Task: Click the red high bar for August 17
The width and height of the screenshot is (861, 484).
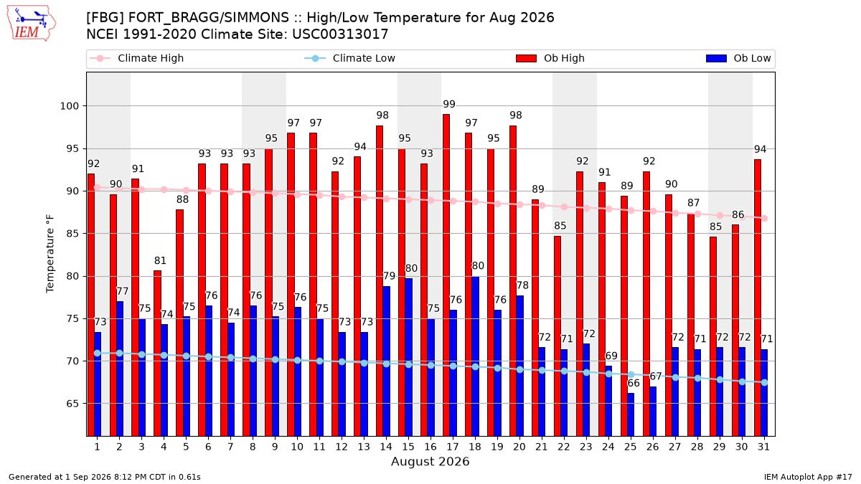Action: click(x=446, y=275)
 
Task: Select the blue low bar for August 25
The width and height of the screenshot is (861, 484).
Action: click(x=631, y=414)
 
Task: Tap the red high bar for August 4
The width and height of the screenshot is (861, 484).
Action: click(x=157, y=353)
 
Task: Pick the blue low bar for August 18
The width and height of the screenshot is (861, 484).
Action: click(x=476, y=356)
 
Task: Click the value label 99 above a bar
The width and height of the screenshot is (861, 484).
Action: click(x=449, y=104)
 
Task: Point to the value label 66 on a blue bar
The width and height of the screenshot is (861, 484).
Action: click(x=634, y=383)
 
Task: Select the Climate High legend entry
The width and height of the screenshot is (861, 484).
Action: click(x=137, y=58)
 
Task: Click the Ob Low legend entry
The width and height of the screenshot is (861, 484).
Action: click(x=738, y=58)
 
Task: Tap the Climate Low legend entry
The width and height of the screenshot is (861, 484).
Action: click(x=350, y=58)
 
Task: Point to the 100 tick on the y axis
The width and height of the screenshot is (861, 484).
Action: click(x=69, y=106)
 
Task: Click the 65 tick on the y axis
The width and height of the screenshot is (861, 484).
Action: click(x=72, y=404)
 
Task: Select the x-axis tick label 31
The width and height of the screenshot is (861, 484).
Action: click(x=763, y=447)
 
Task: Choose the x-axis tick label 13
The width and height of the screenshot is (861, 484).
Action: click(x=364, y=447)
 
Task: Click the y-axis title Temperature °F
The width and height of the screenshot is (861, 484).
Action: click(x=50, y=254)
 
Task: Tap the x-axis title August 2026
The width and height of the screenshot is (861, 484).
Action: click(x=430, y=461)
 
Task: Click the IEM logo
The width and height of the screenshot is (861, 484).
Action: click(x=32, y=24)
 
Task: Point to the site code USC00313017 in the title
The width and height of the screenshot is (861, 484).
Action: click(x=340, y=34)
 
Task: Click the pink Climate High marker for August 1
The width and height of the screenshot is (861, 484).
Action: click(x=98, y=187)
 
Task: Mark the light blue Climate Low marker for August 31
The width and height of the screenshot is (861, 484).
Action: click(x=765, y=382)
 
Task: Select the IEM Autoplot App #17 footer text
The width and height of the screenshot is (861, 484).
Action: click(x=808, y=477)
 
